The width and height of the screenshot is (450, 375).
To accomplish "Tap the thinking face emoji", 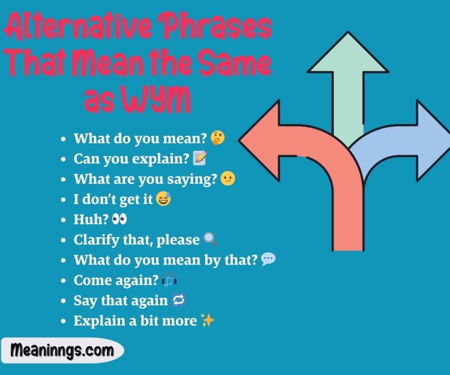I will click(x=217, y=138).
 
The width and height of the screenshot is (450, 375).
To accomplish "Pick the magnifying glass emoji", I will click(x=210, y=240).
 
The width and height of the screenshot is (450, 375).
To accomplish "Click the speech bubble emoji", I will click(x=268, y=260).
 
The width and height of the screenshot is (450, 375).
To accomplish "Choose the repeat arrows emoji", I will click(x=179, y=300).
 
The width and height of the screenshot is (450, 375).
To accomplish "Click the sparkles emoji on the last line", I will click(x=207, y=320).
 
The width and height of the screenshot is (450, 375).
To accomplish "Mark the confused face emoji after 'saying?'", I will click(x=228, y=178).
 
